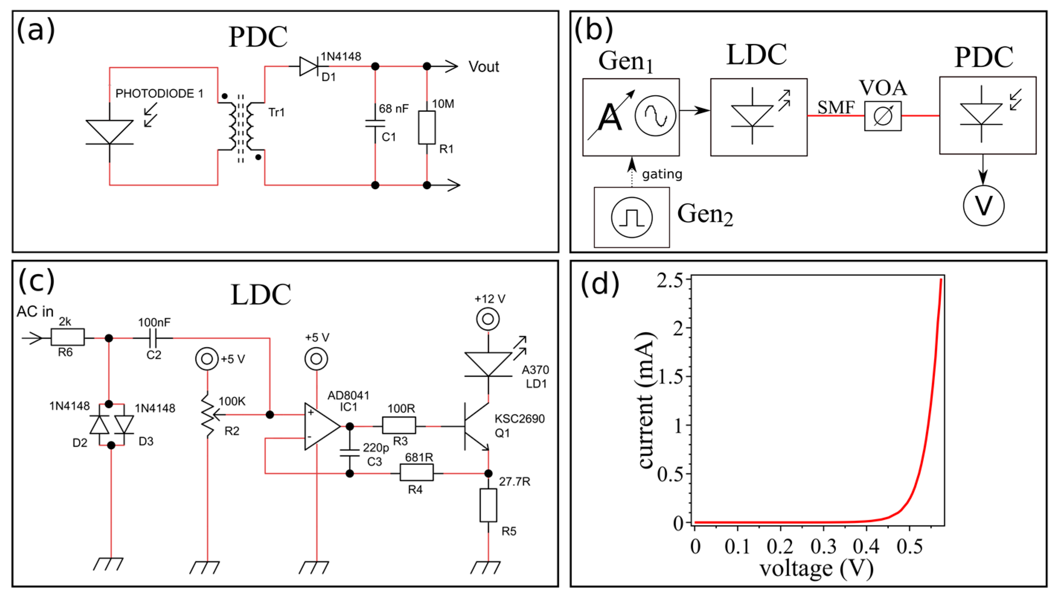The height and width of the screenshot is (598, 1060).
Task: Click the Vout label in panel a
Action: point(484,67)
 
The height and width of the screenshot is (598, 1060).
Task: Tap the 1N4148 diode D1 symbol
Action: point(308,66)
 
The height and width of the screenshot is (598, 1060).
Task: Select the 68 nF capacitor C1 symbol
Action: point(375,124)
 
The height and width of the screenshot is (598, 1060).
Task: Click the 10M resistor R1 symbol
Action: point(427,127)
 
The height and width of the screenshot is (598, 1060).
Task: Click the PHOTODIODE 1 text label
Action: point(159,93)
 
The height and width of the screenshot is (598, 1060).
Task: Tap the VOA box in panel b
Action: point(882,116)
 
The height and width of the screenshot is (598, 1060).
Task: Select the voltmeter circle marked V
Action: point(983,206)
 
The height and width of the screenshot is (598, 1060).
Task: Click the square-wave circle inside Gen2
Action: point(631,217)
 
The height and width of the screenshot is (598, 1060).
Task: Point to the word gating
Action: point(662,174)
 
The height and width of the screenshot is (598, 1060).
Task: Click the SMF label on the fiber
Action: point(836,108)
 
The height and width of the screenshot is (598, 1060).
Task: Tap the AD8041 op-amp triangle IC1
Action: point(321,427)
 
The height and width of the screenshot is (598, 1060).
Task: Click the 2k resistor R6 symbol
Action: point(67,337)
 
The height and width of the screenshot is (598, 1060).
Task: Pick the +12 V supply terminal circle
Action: point(488,319)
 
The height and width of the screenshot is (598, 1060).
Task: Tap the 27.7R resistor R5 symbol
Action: point(488,505)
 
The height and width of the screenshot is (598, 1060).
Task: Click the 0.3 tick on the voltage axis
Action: point(823,546)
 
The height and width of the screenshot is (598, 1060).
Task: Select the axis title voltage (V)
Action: point(816,569)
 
